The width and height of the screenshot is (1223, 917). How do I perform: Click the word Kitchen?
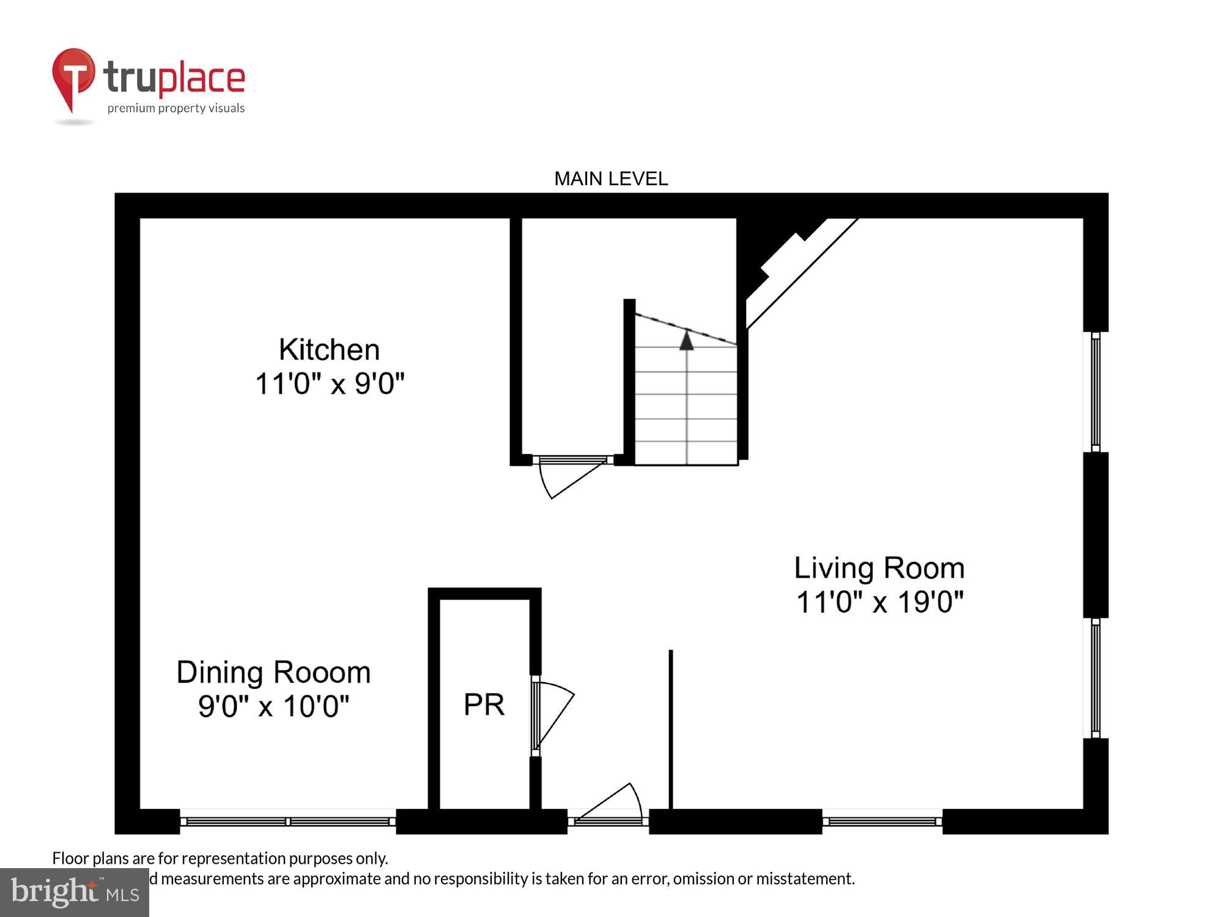click(x=329, y=350)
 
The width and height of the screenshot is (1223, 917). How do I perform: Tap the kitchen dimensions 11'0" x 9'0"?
click(x=330, y=384)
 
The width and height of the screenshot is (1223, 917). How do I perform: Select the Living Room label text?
click(x=879, y=568)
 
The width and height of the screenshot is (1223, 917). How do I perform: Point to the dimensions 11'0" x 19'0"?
click(x=879, y=602)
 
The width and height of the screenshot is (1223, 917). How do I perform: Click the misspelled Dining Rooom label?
click(x=273, y=672)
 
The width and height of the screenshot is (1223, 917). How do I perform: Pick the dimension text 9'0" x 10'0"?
click(x=273, y=706)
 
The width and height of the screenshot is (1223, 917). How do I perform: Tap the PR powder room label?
click(x=484, y=705)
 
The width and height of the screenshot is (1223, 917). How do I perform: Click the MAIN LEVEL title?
click(x=610, y=179)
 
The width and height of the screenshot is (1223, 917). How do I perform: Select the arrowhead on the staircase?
click(x=687, y=340)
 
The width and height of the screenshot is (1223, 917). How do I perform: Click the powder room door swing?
click(x=553, y=712)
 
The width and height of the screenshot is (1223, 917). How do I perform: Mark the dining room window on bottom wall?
click(x=287, y=821)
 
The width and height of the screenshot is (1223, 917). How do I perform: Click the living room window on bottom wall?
click(x=882, y=821)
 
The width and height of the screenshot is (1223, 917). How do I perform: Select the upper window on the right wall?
click(x=1095, y=392)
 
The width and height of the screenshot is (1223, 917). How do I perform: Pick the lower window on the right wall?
click(x=1095, y=677)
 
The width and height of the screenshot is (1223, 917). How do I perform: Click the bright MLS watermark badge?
click(x=75, y=893)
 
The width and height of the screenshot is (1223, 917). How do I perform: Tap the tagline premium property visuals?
click(x=176, y=108)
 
